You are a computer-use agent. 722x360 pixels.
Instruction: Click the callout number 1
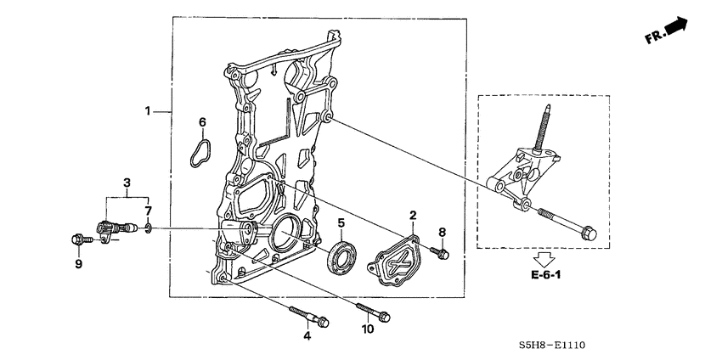pos(148,111)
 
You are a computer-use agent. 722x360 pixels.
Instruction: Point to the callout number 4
pos(307,337)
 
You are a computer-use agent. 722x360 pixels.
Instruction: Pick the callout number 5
pos(340,223)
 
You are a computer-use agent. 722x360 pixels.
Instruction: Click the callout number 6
pos(202,123)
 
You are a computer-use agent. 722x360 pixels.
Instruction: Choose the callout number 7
pos(147,210)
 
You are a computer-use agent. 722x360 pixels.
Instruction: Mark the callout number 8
pos(442,232)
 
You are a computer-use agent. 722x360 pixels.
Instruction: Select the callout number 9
pos(77,264)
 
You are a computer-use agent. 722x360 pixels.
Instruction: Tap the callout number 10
pos(368,329)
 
